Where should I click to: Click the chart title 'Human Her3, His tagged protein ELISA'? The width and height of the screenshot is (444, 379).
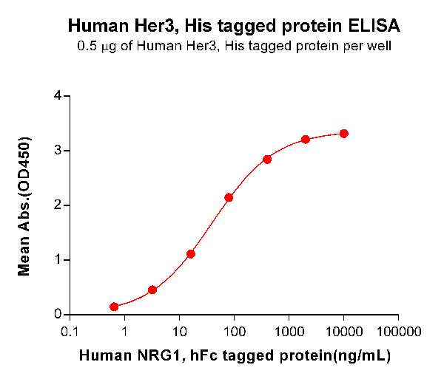click(x=234, y=27)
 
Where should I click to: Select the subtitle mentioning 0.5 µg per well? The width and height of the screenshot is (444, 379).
click(x=234, y=47)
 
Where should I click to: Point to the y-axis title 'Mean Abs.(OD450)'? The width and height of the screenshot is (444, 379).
click(x=25, y=205)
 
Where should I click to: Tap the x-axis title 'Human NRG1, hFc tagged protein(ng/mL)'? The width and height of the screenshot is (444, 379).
click(x=234, y=355)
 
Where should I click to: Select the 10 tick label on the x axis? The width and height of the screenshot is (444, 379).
click(x=179, y=330)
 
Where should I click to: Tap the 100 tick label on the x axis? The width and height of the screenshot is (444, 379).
click(x=234, y=330)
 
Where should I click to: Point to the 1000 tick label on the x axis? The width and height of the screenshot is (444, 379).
click(x=289, y=330)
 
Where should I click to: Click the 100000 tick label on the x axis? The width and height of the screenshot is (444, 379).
click(x=399, y=330)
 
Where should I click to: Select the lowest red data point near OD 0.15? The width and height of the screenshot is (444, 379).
click(x=114, y=307)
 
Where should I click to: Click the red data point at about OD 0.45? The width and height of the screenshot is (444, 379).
click(x=152, y=290)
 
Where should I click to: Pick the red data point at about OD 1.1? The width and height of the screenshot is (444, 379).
click(x=191, y=254)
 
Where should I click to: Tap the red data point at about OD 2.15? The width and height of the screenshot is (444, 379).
click(x=229, y=197)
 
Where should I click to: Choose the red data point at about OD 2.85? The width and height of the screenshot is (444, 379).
click(x=267, y=159)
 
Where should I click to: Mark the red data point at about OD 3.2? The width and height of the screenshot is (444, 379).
click(x=306, y=140)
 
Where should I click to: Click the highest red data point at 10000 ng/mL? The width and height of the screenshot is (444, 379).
click(x=344, y=134)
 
